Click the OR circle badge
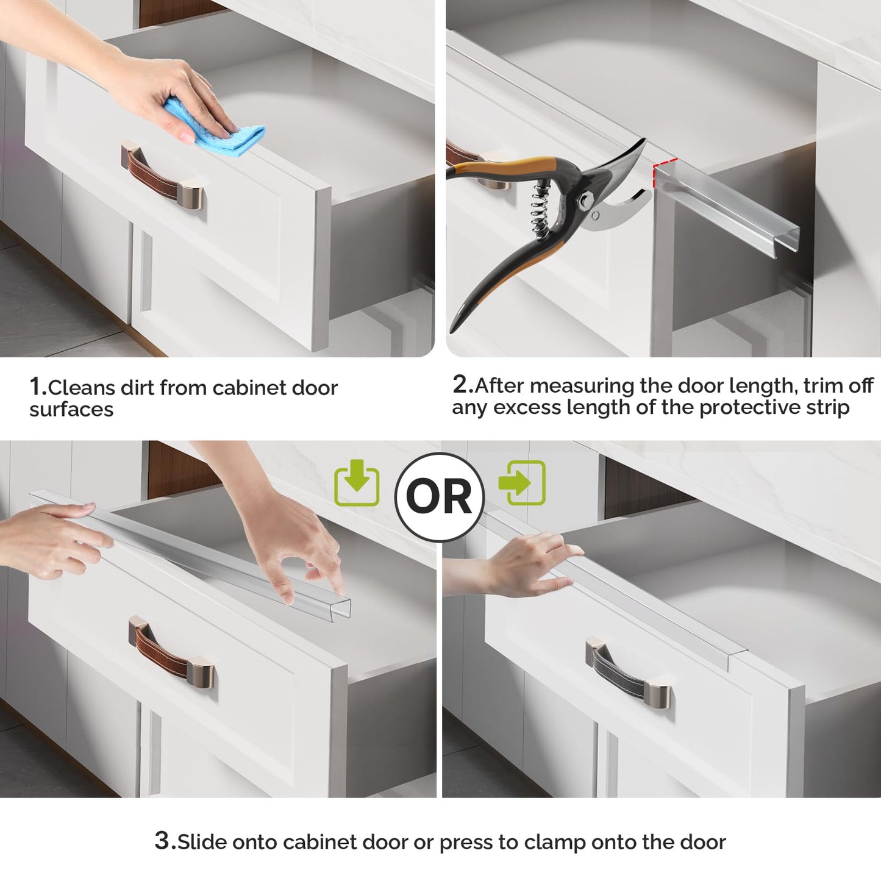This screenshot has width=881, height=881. point(439,496)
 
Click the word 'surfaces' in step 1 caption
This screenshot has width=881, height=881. point(71,410)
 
